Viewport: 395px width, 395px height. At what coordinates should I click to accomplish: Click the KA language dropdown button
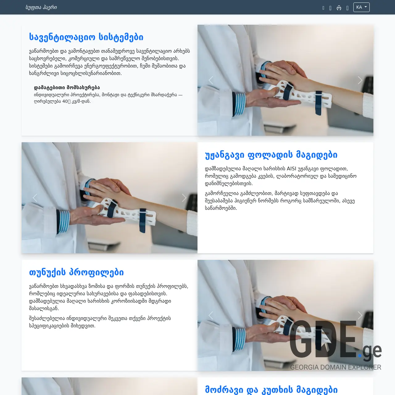pos(361,7)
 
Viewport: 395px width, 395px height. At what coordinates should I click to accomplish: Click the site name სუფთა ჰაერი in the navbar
pos(41,7)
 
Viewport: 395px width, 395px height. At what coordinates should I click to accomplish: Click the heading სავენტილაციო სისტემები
pos(86,37)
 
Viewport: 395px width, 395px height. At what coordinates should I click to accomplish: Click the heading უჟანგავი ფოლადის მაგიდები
pos(271,155)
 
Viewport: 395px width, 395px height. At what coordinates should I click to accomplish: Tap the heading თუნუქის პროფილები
pos(76,272)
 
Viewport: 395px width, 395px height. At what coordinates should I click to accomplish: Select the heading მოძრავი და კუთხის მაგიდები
pos(271,389)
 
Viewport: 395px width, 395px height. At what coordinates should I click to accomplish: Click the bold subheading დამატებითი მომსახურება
pos(67,87)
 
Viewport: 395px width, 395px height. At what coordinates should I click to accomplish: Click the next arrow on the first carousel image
pos(360,80)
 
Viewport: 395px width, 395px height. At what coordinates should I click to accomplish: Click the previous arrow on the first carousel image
pos(211,80)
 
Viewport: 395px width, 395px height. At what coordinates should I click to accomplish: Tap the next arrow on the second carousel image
pos(184,198)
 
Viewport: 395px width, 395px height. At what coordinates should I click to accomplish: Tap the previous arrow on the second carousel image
pos(35,198)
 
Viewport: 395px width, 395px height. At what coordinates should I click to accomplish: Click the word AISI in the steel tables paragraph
pos(291,168)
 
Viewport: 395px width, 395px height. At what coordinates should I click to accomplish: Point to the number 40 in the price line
pos(65,101)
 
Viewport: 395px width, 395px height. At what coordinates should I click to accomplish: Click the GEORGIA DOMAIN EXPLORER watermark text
pos(335,367)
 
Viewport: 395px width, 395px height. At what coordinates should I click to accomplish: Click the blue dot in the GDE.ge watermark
pos(360,355)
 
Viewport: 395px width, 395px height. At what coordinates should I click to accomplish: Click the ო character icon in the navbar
pos(339,8)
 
